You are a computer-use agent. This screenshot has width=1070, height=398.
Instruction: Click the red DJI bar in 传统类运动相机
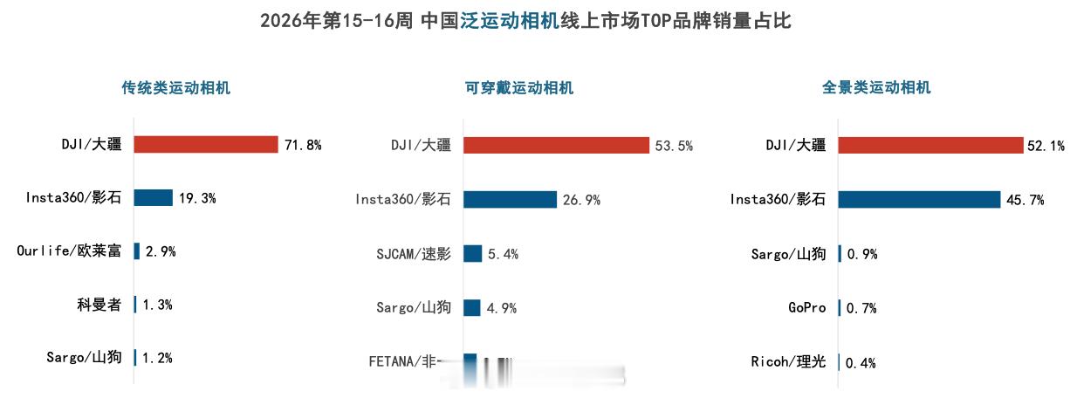[x=205, y=145]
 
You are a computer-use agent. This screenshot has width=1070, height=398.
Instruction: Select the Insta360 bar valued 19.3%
[x=153, y=198]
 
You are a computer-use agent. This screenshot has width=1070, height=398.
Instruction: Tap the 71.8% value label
[x=303, y=145]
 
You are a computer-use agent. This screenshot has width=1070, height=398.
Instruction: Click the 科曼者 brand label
[x=99, y=305]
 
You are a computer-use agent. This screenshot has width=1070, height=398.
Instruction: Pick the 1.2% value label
[x=157, y=358]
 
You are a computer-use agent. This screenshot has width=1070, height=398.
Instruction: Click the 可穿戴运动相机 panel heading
[x=519, y=87]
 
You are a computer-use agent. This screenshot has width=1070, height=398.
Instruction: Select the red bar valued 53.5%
[x=556, y=146]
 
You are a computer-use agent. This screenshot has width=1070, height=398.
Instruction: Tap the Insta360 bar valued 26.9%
[x=510, y=200]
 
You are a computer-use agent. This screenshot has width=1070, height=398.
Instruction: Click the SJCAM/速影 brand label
[x=414, y=254]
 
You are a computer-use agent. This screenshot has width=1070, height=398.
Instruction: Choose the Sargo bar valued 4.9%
[x=471, y=307]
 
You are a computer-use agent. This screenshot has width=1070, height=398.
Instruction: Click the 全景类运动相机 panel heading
[x=876, y=87]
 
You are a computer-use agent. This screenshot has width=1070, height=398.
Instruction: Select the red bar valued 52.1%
[x=929, y=146]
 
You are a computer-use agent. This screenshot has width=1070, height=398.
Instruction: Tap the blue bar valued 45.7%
[x=919, y=200]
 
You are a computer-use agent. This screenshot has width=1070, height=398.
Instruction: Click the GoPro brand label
[x=807, y=308]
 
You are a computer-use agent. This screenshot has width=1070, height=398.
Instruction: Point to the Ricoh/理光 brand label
[x=788, y=362]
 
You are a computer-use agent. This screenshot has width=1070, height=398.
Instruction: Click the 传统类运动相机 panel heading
[x=176, y=87]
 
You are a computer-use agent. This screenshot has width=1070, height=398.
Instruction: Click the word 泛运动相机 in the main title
[x=509, y=20]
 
